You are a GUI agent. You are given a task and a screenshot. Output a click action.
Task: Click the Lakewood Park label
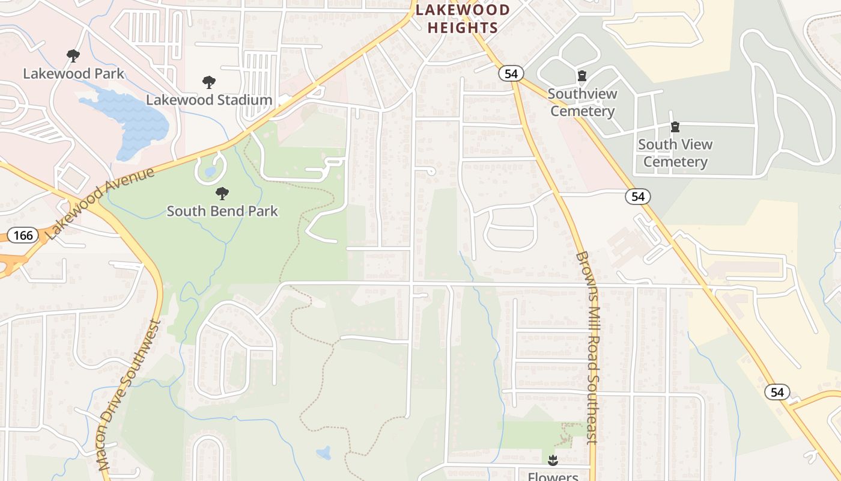pos(73,74)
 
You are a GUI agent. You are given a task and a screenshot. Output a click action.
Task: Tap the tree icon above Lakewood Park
pos(73,56)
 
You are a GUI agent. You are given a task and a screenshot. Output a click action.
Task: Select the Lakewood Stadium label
pos(209,100)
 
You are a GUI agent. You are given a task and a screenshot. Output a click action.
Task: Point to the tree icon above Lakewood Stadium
pos(209,82)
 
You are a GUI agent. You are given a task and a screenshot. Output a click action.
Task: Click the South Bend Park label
pos(222,211)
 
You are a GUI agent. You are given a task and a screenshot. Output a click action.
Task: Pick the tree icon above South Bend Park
pos(222,193)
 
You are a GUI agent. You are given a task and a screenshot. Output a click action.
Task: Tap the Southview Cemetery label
pos(582,102)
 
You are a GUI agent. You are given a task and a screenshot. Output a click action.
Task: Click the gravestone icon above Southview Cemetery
pos(581,76)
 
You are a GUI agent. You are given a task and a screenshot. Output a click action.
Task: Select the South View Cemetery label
pos(675,153)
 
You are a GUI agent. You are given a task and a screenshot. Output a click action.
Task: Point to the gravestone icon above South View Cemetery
pos(675,127)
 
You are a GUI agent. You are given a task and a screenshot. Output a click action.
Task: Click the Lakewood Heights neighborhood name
pos(463,19)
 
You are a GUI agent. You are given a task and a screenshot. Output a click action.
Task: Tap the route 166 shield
pos(23,234)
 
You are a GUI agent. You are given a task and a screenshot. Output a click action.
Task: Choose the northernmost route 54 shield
pos(511,73)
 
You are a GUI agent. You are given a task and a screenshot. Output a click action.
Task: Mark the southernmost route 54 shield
pos(777,392)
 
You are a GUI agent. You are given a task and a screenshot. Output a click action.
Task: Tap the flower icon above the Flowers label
pos(553,461)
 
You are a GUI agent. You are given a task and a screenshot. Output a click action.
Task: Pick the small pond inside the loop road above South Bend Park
pos(210,172)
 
